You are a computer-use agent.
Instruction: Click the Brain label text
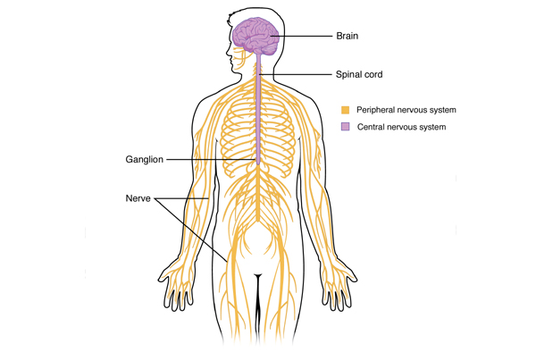tap(347, 36)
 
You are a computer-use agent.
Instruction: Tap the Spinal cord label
tap(359, 74)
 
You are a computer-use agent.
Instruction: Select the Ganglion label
tap(144, 160)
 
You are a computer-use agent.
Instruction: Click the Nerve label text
tap(138, 198)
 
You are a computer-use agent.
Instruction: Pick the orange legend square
tap(345, 110)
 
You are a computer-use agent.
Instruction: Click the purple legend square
tap(345, 127)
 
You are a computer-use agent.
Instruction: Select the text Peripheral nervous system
tap(406, 110)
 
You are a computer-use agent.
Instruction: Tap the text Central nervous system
tap(401, 127)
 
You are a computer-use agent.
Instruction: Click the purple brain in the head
tap(255, 36)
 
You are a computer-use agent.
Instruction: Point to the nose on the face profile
tap(228, 54)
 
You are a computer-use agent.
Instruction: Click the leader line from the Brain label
tap(302, 36)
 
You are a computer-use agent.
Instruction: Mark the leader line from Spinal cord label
tap(296, 74)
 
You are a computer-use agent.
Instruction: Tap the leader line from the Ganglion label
tap(211, 159)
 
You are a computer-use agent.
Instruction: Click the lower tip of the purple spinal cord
tap(258, 164)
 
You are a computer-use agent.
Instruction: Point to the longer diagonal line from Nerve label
tap(191, 230)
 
